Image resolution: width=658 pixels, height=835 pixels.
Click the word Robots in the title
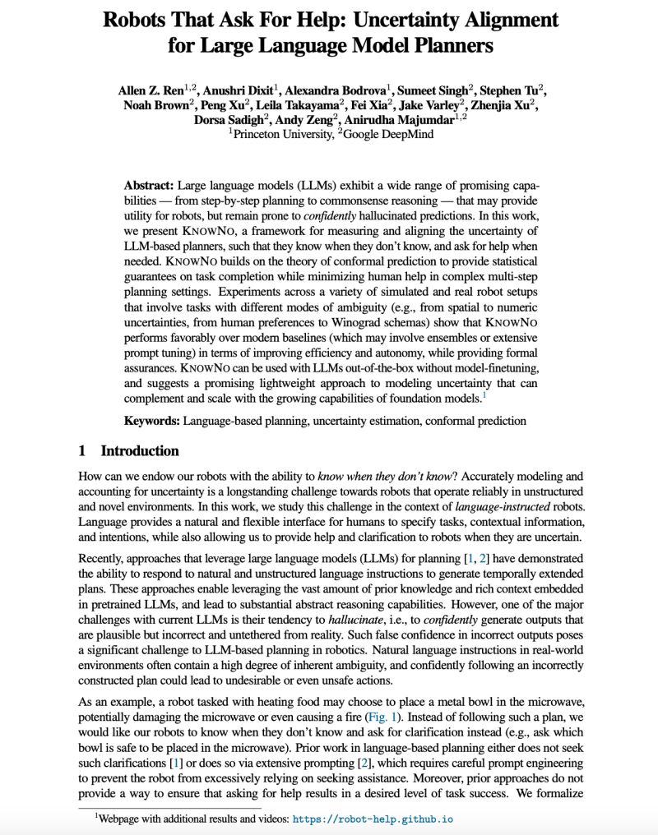point(138,20)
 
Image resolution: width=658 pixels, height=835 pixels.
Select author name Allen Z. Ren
point(151,90)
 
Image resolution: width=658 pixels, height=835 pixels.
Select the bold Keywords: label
point(151,421)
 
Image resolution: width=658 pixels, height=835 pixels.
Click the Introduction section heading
point(139,451)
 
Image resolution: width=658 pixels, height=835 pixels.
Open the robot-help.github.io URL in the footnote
point(373,819)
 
